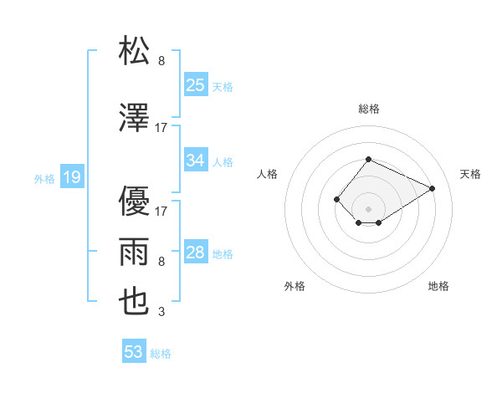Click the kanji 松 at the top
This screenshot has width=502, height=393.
pos(135,51)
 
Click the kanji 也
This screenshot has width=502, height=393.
pos(135,300)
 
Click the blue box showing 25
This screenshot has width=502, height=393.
pos(196,84)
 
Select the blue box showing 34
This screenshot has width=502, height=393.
pos(196,161)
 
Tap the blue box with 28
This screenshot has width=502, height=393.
pos(196,253)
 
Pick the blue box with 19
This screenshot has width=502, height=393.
pos(72,177)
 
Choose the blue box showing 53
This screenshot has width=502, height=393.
pos(134,352)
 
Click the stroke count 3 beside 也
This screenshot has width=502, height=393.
pos(161,313)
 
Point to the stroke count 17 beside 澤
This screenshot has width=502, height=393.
pos(161,128)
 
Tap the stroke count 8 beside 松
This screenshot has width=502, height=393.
pos(161,62)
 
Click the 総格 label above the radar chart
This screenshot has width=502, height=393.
pos(368,109)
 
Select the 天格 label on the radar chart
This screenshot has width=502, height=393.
pos(471,174)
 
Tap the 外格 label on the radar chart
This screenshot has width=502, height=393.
pos(295,286)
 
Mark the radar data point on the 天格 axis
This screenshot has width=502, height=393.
pos(433,187)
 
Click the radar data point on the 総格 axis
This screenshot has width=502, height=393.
pos(368,160)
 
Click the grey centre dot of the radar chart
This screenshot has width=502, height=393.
pos(368,208)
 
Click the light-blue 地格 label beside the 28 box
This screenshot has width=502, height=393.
pos(223,253)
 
